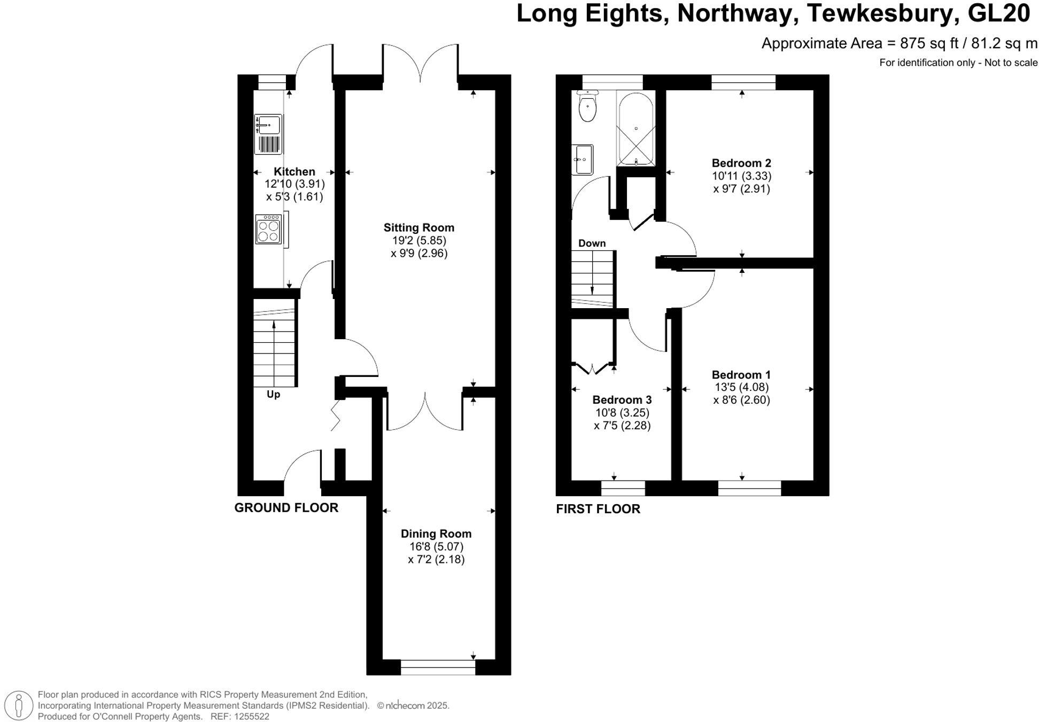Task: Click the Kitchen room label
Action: point(294,171)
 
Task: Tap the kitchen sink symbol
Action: point(268,134)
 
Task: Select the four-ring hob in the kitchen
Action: point(268,229)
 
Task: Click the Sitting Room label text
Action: point(418,227)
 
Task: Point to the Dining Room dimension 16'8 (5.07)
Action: point(436,546)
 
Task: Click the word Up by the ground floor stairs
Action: point(273,395)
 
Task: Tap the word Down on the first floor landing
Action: point(592,244)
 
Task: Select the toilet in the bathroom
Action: point(587,106)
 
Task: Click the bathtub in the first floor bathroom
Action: point(635,129)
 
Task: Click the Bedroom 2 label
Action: point(741,163)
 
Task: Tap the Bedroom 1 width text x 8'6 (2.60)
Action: point(741,400)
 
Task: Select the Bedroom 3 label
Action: point(622,399)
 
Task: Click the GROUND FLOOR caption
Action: point(286,508)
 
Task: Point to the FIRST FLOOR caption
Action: point(598,509)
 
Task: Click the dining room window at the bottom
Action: point(438,667)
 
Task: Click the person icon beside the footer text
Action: point(19,705)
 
